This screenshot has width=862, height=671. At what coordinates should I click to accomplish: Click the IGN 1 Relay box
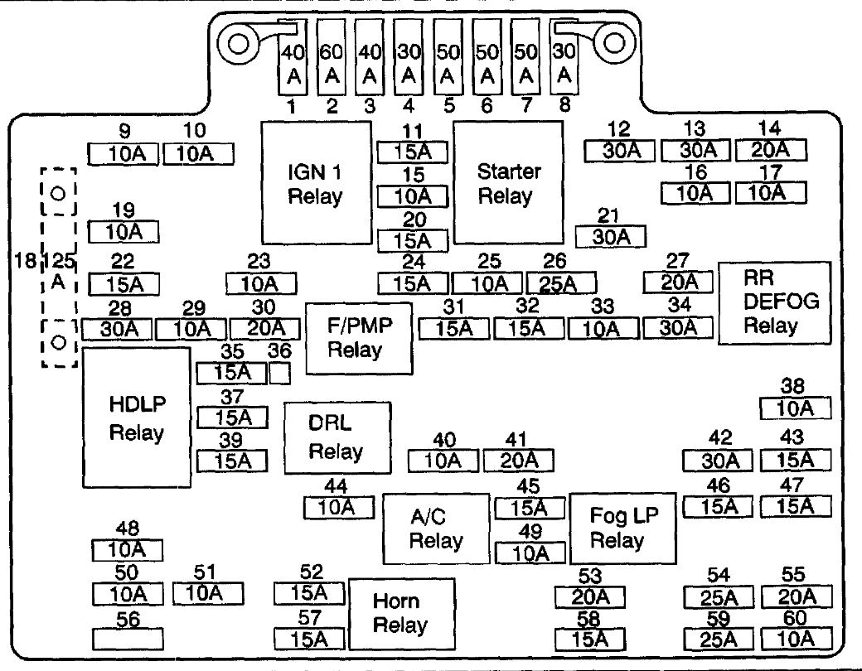316,183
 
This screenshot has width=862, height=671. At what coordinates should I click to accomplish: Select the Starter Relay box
509,183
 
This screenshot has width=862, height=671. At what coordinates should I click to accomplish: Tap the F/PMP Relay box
359,339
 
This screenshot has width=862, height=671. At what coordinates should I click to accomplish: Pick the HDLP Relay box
137,418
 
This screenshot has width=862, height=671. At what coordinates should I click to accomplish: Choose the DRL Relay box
337,438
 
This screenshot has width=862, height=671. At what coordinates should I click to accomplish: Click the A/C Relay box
436,529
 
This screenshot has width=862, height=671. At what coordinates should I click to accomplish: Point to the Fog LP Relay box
622,529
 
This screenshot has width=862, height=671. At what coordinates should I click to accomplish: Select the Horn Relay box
402,614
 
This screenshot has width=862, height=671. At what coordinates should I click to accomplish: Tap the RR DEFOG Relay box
775,303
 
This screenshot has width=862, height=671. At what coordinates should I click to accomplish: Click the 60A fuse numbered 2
332,57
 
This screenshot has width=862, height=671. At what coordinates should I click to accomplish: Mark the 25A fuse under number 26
561,283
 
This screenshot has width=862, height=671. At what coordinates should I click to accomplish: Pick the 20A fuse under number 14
771,149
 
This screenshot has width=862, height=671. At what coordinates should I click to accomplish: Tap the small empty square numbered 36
279,373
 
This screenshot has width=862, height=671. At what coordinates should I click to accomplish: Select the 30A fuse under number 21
610,236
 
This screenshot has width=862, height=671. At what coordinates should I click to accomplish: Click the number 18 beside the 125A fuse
25,259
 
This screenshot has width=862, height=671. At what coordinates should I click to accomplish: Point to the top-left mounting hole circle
238,43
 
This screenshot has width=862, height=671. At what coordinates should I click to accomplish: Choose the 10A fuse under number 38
796,408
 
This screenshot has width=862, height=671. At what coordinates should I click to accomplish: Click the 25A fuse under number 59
719,640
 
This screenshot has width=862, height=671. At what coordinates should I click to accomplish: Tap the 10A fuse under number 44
339,507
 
